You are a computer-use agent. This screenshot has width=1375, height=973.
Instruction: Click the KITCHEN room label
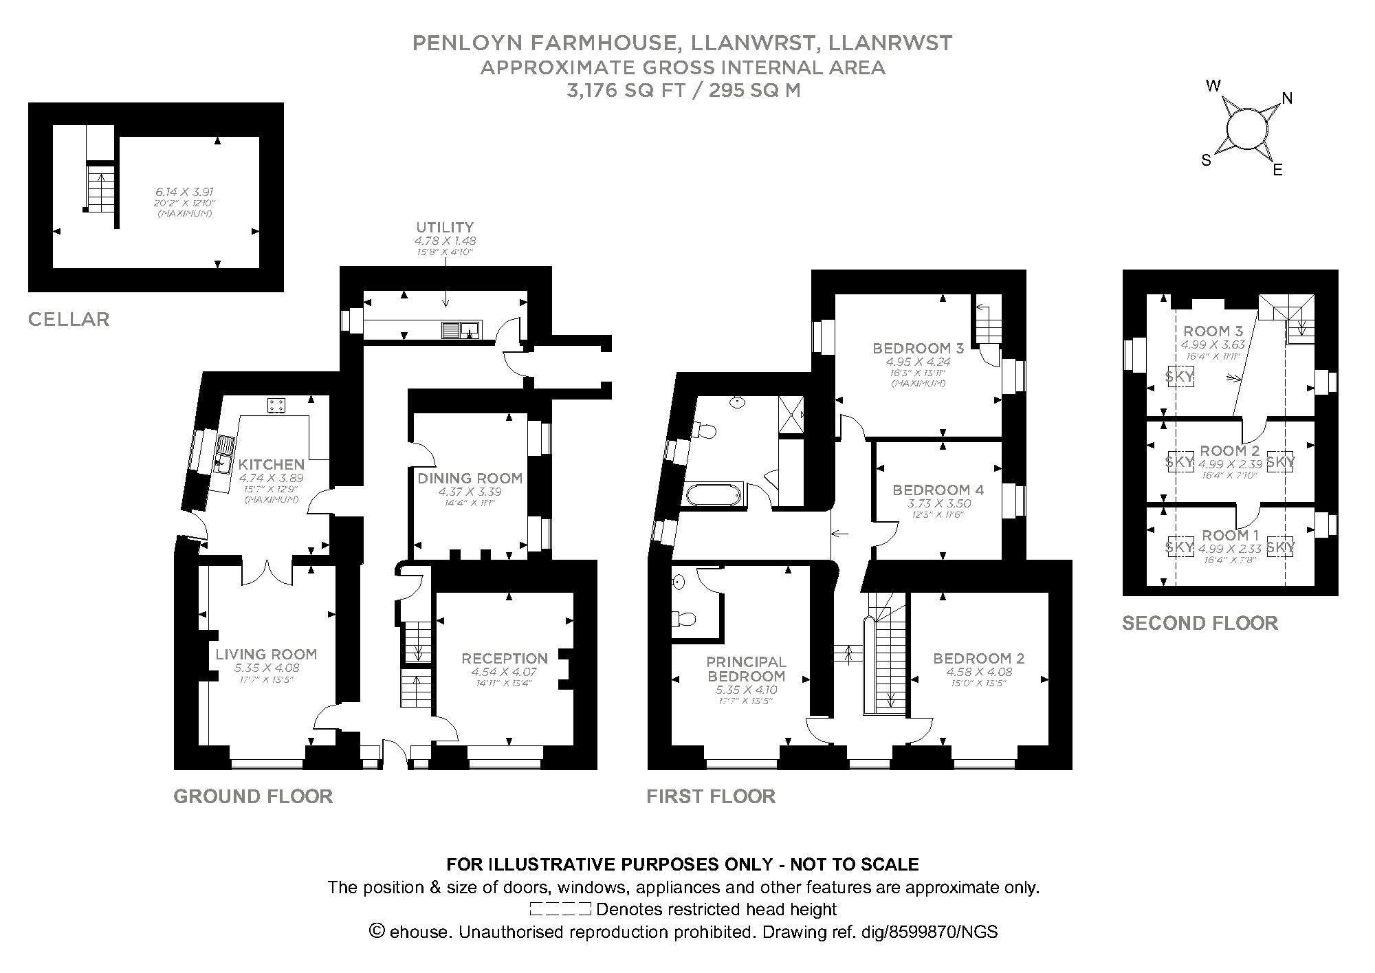point(271,465)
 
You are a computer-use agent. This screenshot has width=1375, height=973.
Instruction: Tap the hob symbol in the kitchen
point(276,406)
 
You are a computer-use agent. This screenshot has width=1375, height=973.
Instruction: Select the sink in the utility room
point(461,331)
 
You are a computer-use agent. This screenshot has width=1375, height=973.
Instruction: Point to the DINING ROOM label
point(470,478)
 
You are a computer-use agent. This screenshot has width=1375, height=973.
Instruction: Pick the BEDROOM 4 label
point(938,490)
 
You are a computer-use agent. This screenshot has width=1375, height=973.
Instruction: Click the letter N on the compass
point(1287,98)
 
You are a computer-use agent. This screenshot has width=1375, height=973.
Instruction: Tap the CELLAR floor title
point(69,319)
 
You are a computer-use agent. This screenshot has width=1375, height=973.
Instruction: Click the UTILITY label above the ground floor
point(445,227)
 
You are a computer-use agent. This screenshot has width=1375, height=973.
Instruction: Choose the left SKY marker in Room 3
point(1180,376)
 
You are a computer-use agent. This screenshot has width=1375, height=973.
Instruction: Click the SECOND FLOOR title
point(1199,624)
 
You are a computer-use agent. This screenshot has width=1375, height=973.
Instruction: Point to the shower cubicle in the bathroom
point(791,415)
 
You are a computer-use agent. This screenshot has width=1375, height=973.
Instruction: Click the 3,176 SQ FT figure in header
point(624,91)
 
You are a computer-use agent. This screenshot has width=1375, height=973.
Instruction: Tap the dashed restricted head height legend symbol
point(560,909)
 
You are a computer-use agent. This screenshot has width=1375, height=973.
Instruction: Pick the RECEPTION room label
point(504,659)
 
